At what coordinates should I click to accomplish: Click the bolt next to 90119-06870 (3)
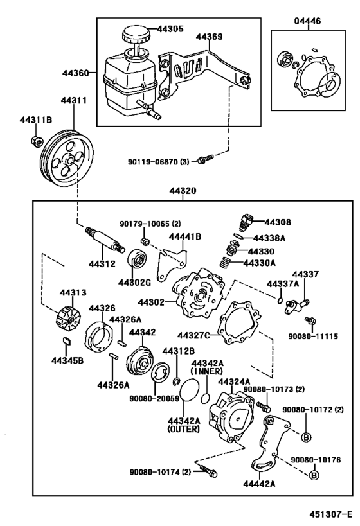(204, 159)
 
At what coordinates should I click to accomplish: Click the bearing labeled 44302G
(138, 261)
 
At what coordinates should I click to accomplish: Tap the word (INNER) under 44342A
(206, 371)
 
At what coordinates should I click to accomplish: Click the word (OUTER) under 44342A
(183, 428)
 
